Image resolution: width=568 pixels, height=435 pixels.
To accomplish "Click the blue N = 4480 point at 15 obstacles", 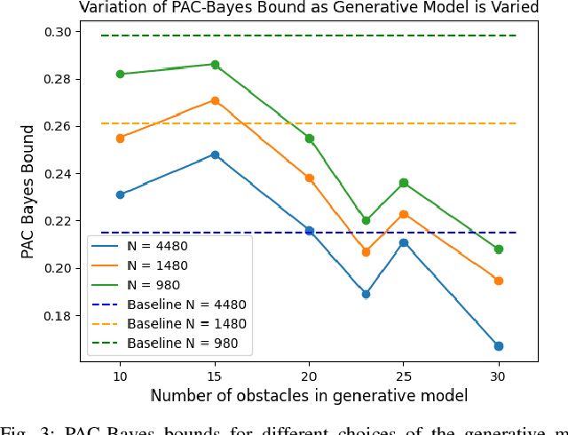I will [215, 154].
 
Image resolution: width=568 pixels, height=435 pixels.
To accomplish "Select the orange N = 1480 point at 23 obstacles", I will [366, 252].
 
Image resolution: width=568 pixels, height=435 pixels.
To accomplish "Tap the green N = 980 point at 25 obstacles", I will [404, 183].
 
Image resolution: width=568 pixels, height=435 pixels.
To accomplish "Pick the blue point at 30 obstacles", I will [499, 346].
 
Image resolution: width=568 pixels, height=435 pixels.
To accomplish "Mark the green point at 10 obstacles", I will [120, 74].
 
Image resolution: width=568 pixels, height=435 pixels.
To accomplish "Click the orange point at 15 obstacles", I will [215, 101].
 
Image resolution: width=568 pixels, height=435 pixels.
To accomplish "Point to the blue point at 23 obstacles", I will [366, 294].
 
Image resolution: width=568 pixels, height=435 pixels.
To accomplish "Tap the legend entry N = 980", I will [154, 285].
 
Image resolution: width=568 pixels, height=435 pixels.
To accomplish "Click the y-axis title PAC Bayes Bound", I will [28, 191].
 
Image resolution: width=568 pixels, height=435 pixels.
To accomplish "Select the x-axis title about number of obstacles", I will [309, 396].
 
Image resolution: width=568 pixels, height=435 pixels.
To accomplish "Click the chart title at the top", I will [309, 8].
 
